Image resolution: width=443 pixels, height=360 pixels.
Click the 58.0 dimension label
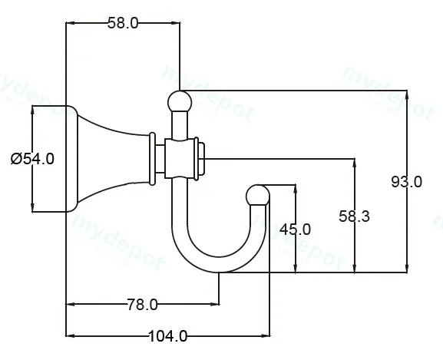click(123, 23)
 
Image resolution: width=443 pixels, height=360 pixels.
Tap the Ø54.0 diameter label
click(32, 159)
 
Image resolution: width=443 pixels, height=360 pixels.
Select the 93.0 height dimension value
click(407, 182)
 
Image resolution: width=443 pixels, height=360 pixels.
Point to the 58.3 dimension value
click(354, 216)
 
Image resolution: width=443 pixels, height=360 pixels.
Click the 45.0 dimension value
click(295, 230)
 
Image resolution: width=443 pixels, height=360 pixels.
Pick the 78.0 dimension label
click(142, 305)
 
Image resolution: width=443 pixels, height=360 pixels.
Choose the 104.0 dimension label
click(167, 336)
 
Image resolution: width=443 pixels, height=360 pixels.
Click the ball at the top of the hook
click(180, 101)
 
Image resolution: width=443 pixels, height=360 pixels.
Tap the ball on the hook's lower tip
click(258, 195)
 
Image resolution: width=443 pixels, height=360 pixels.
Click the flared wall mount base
click(107, 159)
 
